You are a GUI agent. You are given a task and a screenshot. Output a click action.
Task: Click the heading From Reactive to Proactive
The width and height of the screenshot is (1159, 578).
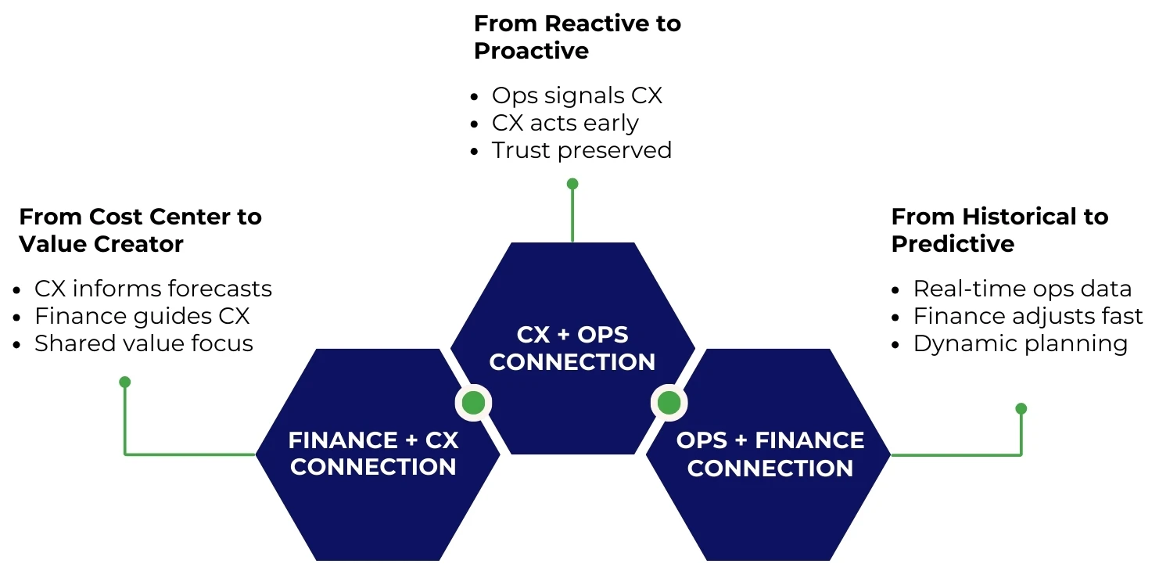[577, 37]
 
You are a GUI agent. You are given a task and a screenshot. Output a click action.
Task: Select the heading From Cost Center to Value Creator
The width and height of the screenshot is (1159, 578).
[140, 230]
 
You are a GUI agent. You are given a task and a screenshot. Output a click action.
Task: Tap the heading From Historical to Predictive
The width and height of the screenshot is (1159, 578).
[999, 230]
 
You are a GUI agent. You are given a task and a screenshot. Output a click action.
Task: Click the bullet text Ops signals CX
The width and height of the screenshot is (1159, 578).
[576, 95]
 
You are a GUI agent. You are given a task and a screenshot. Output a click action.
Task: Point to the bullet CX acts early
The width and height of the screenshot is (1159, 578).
[565, 123]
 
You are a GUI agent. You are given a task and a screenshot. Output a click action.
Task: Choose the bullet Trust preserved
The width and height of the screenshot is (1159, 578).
[581, 150]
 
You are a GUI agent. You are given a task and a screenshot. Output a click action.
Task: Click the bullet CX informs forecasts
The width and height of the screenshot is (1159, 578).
[152, 289]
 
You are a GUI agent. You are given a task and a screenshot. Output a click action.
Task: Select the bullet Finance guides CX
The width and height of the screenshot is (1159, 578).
[142, 316]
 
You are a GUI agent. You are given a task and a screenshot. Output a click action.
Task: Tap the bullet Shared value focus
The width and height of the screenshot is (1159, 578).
[143, 343]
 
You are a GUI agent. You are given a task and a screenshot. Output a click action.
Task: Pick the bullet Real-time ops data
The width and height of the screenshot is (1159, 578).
[1022, 289]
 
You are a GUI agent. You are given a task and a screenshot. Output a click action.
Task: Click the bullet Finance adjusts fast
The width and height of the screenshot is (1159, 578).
[1028, 316]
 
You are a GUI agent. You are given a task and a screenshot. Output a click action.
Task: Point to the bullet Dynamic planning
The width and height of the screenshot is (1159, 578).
[1020, 343]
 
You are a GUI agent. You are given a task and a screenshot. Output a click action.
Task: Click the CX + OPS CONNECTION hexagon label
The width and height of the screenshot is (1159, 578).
[572, 348]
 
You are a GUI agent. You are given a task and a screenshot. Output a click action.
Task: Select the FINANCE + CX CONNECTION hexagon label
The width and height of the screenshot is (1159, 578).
[373, 454]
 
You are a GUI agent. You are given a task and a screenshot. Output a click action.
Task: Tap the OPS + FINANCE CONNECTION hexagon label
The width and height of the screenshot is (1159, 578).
[770, 454]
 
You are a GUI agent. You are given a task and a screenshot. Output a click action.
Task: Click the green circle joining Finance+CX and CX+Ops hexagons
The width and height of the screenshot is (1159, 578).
[473, 403]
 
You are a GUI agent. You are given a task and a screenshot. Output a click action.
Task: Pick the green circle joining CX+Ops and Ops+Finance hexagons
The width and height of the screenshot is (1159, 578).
[669, 403]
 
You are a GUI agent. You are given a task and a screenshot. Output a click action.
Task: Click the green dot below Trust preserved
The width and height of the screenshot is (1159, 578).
[572, 184]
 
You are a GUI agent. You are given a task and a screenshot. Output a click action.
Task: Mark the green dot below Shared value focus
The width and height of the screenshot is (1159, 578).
[124, 382]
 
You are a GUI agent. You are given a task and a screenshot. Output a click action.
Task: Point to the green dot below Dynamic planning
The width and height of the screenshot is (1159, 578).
[1021, 408]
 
